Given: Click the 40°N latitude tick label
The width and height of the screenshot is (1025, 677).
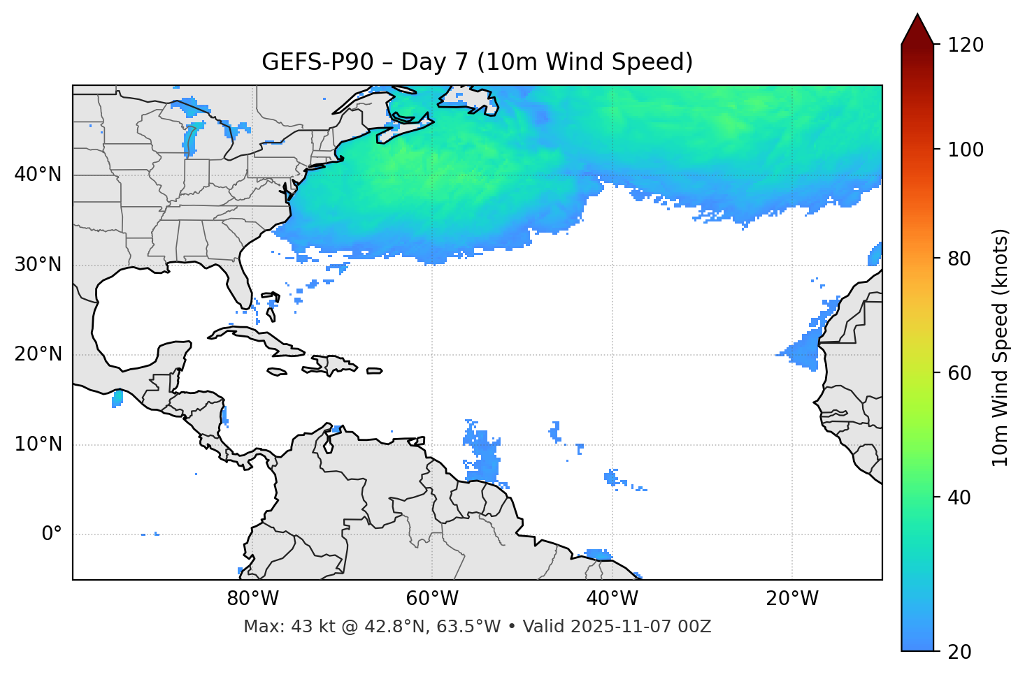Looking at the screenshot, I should (38, 175).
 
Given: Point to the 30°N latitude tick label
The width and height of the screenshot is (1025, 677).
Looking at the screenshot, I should (38, 265).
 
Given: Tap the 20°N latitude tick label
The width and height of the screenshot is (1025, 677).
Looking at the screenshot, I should (38, 354).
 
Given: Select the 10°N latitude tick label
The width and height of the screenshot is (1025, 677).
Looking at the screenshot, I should (38, 444).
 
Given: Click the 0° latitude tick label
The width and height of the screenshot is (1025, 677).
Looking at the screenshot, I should (52, 534).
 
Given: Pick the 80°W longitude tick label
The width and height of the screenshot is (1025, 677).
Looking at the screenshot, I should (252, 599).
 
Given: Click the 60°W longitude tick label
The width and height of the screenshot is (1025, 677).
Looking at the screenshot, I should (432, 599).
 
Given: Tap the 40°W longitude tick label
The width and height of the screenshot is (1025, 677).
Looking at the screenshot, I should (612, 599).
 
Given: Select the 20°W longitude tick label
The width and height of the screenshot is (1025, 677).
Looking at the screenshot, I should (792, 599).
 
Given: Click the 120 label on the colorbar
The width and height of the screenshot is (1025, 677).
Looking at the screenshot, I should (965, 45).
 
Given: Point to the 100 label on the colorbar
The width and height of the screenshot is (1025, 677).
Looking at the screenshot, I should (965, 150).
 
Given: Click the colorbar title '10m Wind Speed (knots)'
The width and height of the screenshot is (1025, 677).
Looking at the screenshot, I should (1001, 347).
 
